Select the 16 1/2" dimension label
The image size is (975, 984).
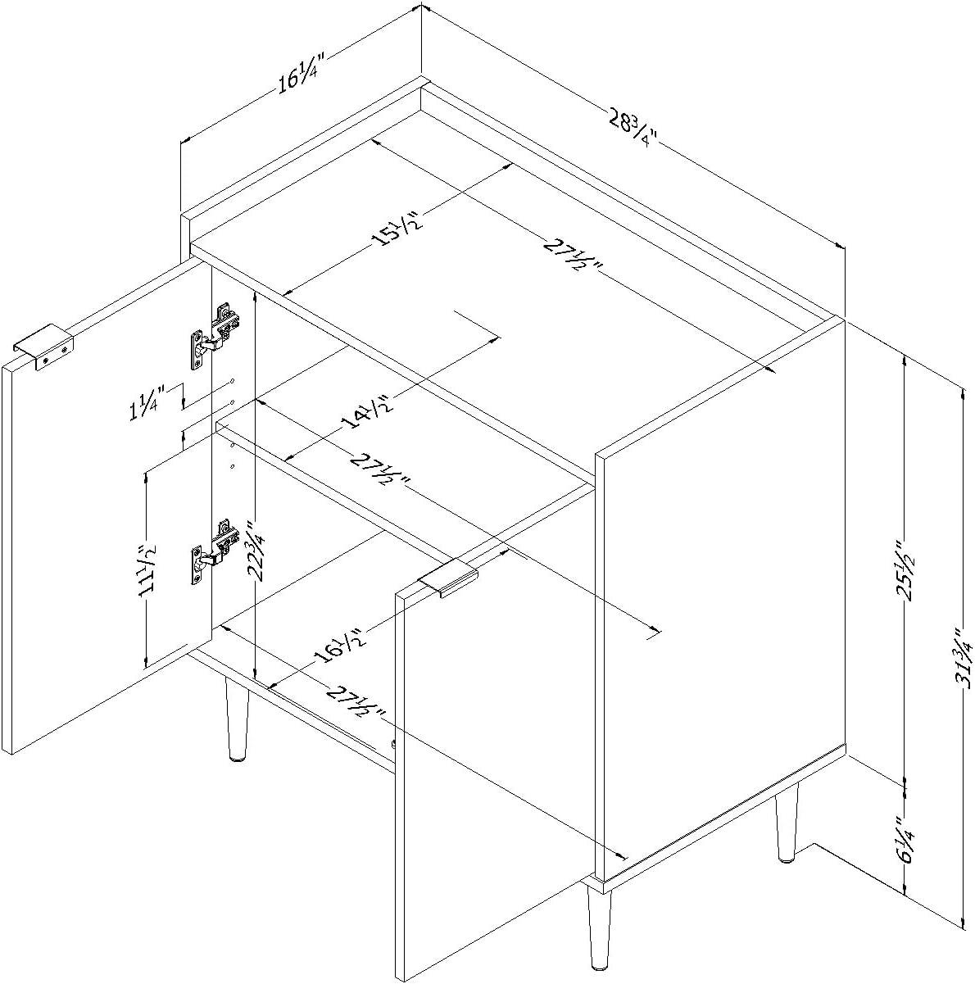click(342, 653)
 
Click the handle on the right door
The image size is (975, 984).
click(447, 582)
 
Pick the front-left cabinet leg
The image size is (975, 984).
click(237, 720)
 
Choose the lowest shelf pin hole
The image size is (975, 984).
click(233, 466)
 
